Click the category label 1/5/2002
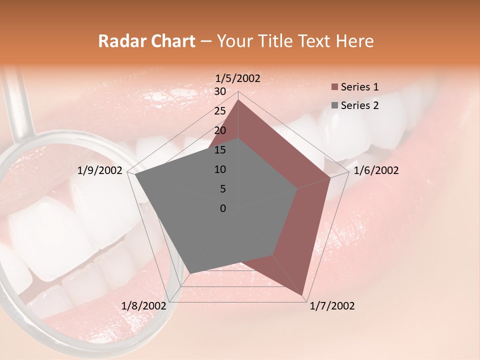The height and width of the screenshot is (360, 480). (237, 78)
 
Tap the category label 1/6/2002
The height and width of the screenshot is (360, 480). (376, 170)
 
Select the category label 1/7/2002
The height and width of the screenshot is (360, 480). (332, 306)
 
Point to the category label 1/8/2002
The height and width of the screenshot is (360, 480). (143, 306)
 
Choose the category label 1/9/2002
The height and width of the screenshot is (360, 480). (99, 170)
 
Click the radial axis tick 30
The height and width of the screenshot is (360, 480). (220, 91)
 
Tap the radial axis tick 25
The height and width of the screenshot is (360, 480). (220, 111)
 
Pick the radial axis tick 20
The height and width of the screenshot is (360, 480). (220, 130)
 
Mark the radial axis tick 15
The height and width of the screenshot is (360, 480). (220, 150)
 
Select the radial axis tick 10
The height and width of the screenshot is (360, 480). (220, 169)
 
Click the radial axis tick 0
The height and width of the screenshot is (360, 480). (223, 208)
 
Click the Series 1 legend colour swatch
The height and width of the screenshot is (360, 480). (334, 87)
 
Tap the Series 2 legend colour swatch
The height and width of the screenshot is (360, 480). (334, 105)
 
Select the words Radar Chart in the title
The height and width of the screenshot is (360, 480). (146, 41)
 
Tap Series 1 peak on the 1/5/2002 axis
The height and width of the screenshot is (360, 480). (238, 100)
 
